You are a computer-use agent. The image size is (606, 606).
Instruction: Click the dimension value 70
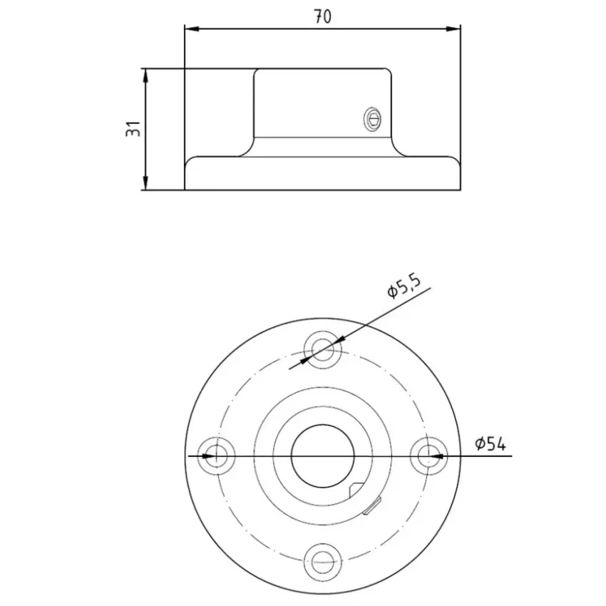322,16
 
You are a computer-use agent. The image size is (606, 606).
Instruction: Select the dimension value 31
133,129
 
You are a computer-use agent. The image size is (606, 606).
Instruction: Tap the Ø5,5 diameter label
403,287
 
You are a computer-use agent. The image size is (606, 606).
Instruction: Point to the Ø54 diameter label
490,443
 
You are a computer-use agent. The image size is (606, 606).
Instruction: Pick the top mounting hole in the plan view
323,349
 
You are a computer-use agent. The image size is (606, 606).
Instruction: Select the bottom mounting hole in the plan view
323,562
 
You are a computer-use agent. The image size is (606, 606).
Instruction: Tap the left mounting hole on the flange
216,456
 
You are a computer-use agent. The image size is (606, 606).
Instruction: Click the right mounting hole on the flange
428,456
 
